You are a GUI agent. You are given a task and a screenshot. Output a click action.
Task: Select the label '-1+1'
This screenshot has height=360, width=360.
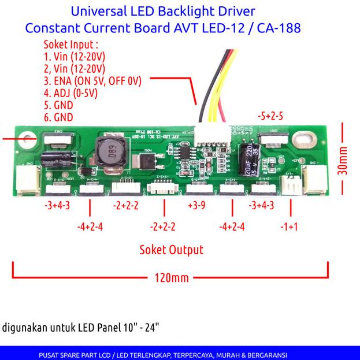289,227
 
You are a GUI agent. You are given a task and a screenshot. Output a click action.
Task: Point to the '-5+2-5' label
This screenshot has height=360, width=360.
270,116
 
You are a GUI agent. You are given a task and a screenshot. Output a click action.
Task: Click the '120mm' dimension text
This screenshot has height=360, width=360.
172,278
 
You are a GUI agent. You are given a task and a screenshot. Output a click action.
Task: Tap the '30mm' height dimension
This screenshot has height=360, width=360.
343,159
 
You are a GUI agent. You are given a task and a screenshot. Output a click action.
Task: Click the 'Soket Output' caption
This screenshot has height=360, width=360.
171,250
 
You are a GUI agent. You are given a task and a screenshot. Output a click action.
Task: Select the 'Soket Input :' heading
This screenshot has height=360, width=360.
71,45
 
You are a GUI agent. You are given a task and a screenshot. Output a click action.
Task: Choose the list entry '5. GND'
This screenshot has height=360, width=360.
58,105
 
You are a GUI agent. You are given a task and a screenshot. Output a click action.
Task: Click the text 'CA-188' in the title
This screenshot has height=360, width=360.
277,27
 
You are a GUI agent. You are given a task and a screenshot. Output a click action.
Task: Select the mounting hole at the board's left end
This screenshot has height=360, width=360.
26,139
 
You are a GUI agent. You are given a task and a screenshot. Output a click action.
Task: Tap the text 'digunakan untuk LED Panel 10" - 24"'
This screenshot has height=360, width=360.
81,328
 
